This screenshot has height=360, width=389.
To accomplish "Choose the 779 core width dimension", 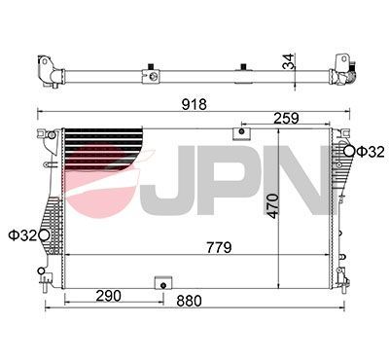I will (x=217, y=247).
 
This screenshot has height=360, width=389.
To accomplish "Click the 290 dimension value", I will (x=107, y=294).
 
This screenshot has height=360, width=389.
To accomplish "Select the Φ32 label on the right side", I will (x=371, y=151).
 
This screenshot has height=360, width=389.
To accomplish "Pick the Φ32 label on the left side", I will (x=21, y=234).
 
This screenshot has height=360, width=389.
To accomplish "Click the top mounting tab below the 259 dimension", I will (x=239, y=135).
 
